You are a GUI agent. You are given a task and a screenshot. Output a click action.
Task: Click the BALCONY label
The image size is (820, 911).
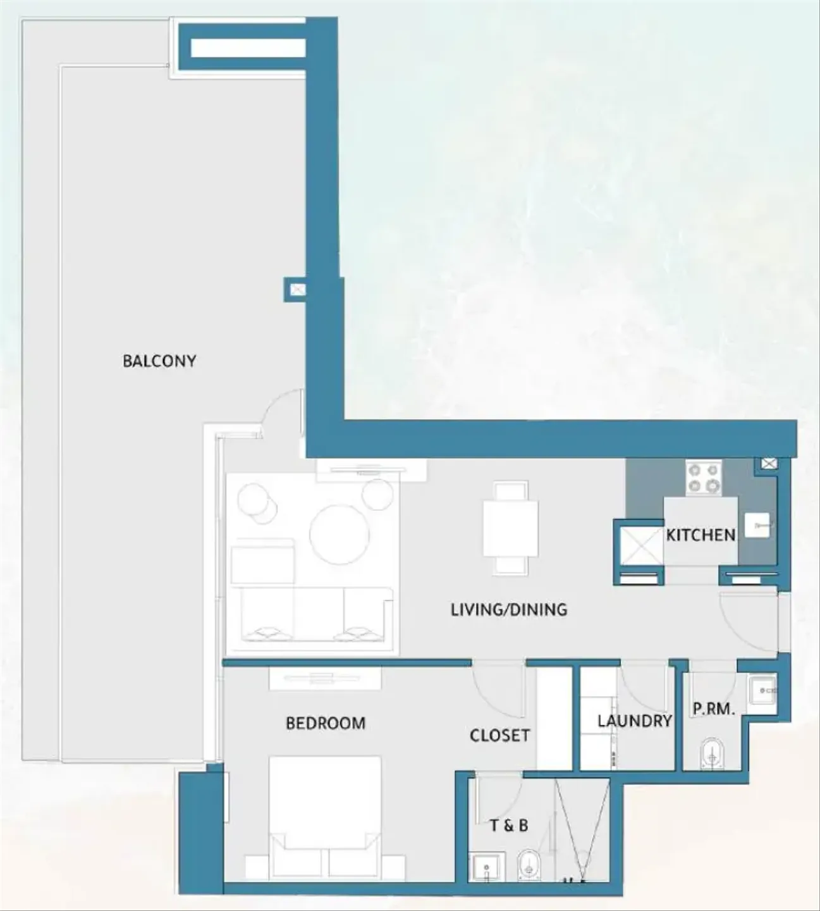(x=159, y=361)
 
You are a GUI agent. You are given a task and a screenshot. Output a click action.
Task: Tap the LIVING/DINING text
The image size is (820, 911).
(x=509, y=609)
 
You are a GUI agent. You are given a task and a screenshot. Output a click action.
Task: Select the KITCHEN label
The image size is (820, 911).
(x=701, y=535)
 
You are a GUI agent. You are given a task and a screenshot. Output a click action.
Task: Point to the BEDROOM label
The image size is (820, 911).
(x=326, y=723)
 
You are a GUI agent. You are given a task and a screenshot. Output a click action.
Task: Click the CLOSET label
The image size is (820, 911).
(x=499, y=736)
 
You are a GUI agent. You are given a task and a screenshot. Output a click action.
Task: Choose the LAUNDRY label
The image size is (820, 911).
(x=634, y=721)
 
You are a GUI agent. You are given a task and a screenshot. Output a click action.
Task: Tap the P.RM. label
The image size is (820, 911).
(x=714, y=709)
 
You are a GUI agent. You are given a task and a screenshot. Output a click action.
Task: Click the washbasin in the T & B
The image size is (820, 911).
(x=487, y=867)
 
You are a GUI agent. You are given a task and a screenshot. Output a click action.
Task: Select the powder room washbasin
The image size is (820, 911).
(x=762, y=691)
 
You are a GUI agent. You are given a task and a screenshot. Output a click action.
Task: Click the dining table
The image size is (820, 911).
(x=511, y=528)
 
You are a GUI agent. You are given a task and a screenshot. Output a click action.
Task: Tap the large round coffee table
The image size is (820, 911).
(x=339, y=534)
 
